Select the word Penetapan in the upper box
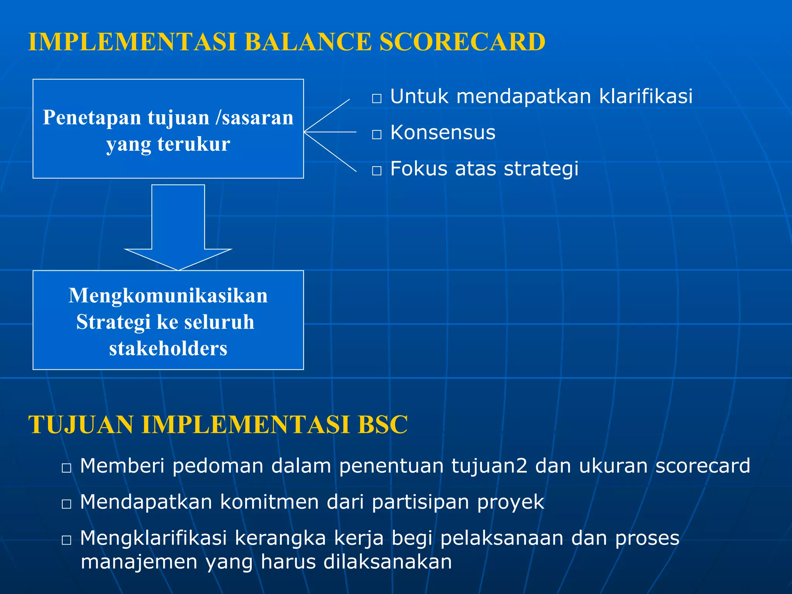pos(92,118)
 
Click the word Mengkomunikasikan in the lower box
pos(168,296)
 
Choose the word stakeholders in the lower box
pos(168,348)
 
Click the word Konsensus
pos(442,133)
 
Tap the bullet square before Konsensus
pos(377,135)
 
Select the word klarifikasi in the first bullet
pos(645,96)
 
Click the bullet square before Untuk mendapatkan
pos(377,98)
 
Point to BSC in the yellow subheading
pos(382,425)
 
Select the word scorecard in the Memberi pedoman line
pos(703,466)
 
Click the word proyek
pos(510,502)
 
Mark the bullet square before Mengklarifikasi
pos(67,540)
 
